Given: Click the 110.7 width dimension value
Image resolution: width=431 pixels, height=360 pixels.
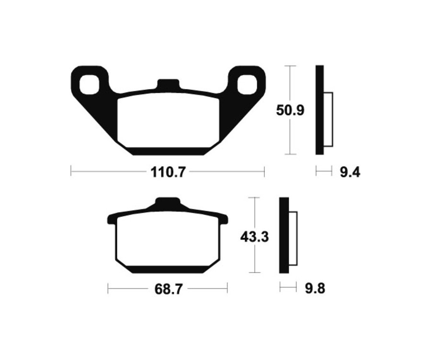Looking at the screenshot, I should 167,172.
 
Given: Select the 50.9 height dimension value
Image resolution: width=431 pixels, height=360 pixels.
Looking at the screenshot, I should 290,111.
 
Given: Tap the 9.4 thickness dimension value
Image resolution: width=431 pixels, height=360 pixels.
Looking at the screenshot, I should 350,172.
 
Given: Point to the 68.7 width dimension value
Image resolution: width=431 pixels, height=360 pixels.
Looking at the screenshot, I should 167,289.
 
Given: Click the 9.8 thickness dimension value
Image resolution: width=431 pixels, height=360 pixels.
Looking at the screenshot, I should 315,289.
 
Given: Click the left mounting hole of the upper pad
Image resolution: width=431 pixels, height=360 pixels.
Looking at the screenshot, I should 89,84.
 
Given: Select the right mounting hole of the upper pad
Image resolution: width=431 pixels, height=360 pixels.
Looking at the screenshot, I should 247,84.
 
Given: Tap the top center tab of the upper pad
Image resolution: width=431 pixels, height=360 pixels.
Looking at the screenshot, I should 168,84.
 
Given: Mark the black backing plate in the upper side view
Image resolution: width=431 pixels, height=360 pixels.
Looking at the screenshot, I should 319,110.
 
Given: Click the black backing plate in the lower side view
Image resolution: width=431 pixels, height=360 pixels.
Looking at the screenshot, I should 284,236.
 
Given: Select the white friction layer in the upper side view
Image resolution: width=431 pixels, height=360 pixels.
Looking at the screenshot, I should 329,120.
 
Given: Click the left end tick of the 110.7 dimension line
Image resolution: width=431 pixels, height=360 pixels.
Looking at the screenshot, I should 71,171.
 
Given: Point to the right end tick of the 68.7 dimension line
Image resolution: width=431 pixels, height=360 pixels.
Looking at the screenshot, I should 227,289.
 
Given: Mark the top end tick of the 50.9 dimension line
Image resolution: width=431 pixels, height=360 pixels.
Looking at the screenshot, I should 290,66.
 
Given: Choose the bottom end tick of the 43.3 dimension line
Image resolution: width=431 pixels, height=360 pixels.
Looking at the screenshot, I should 255,273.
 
